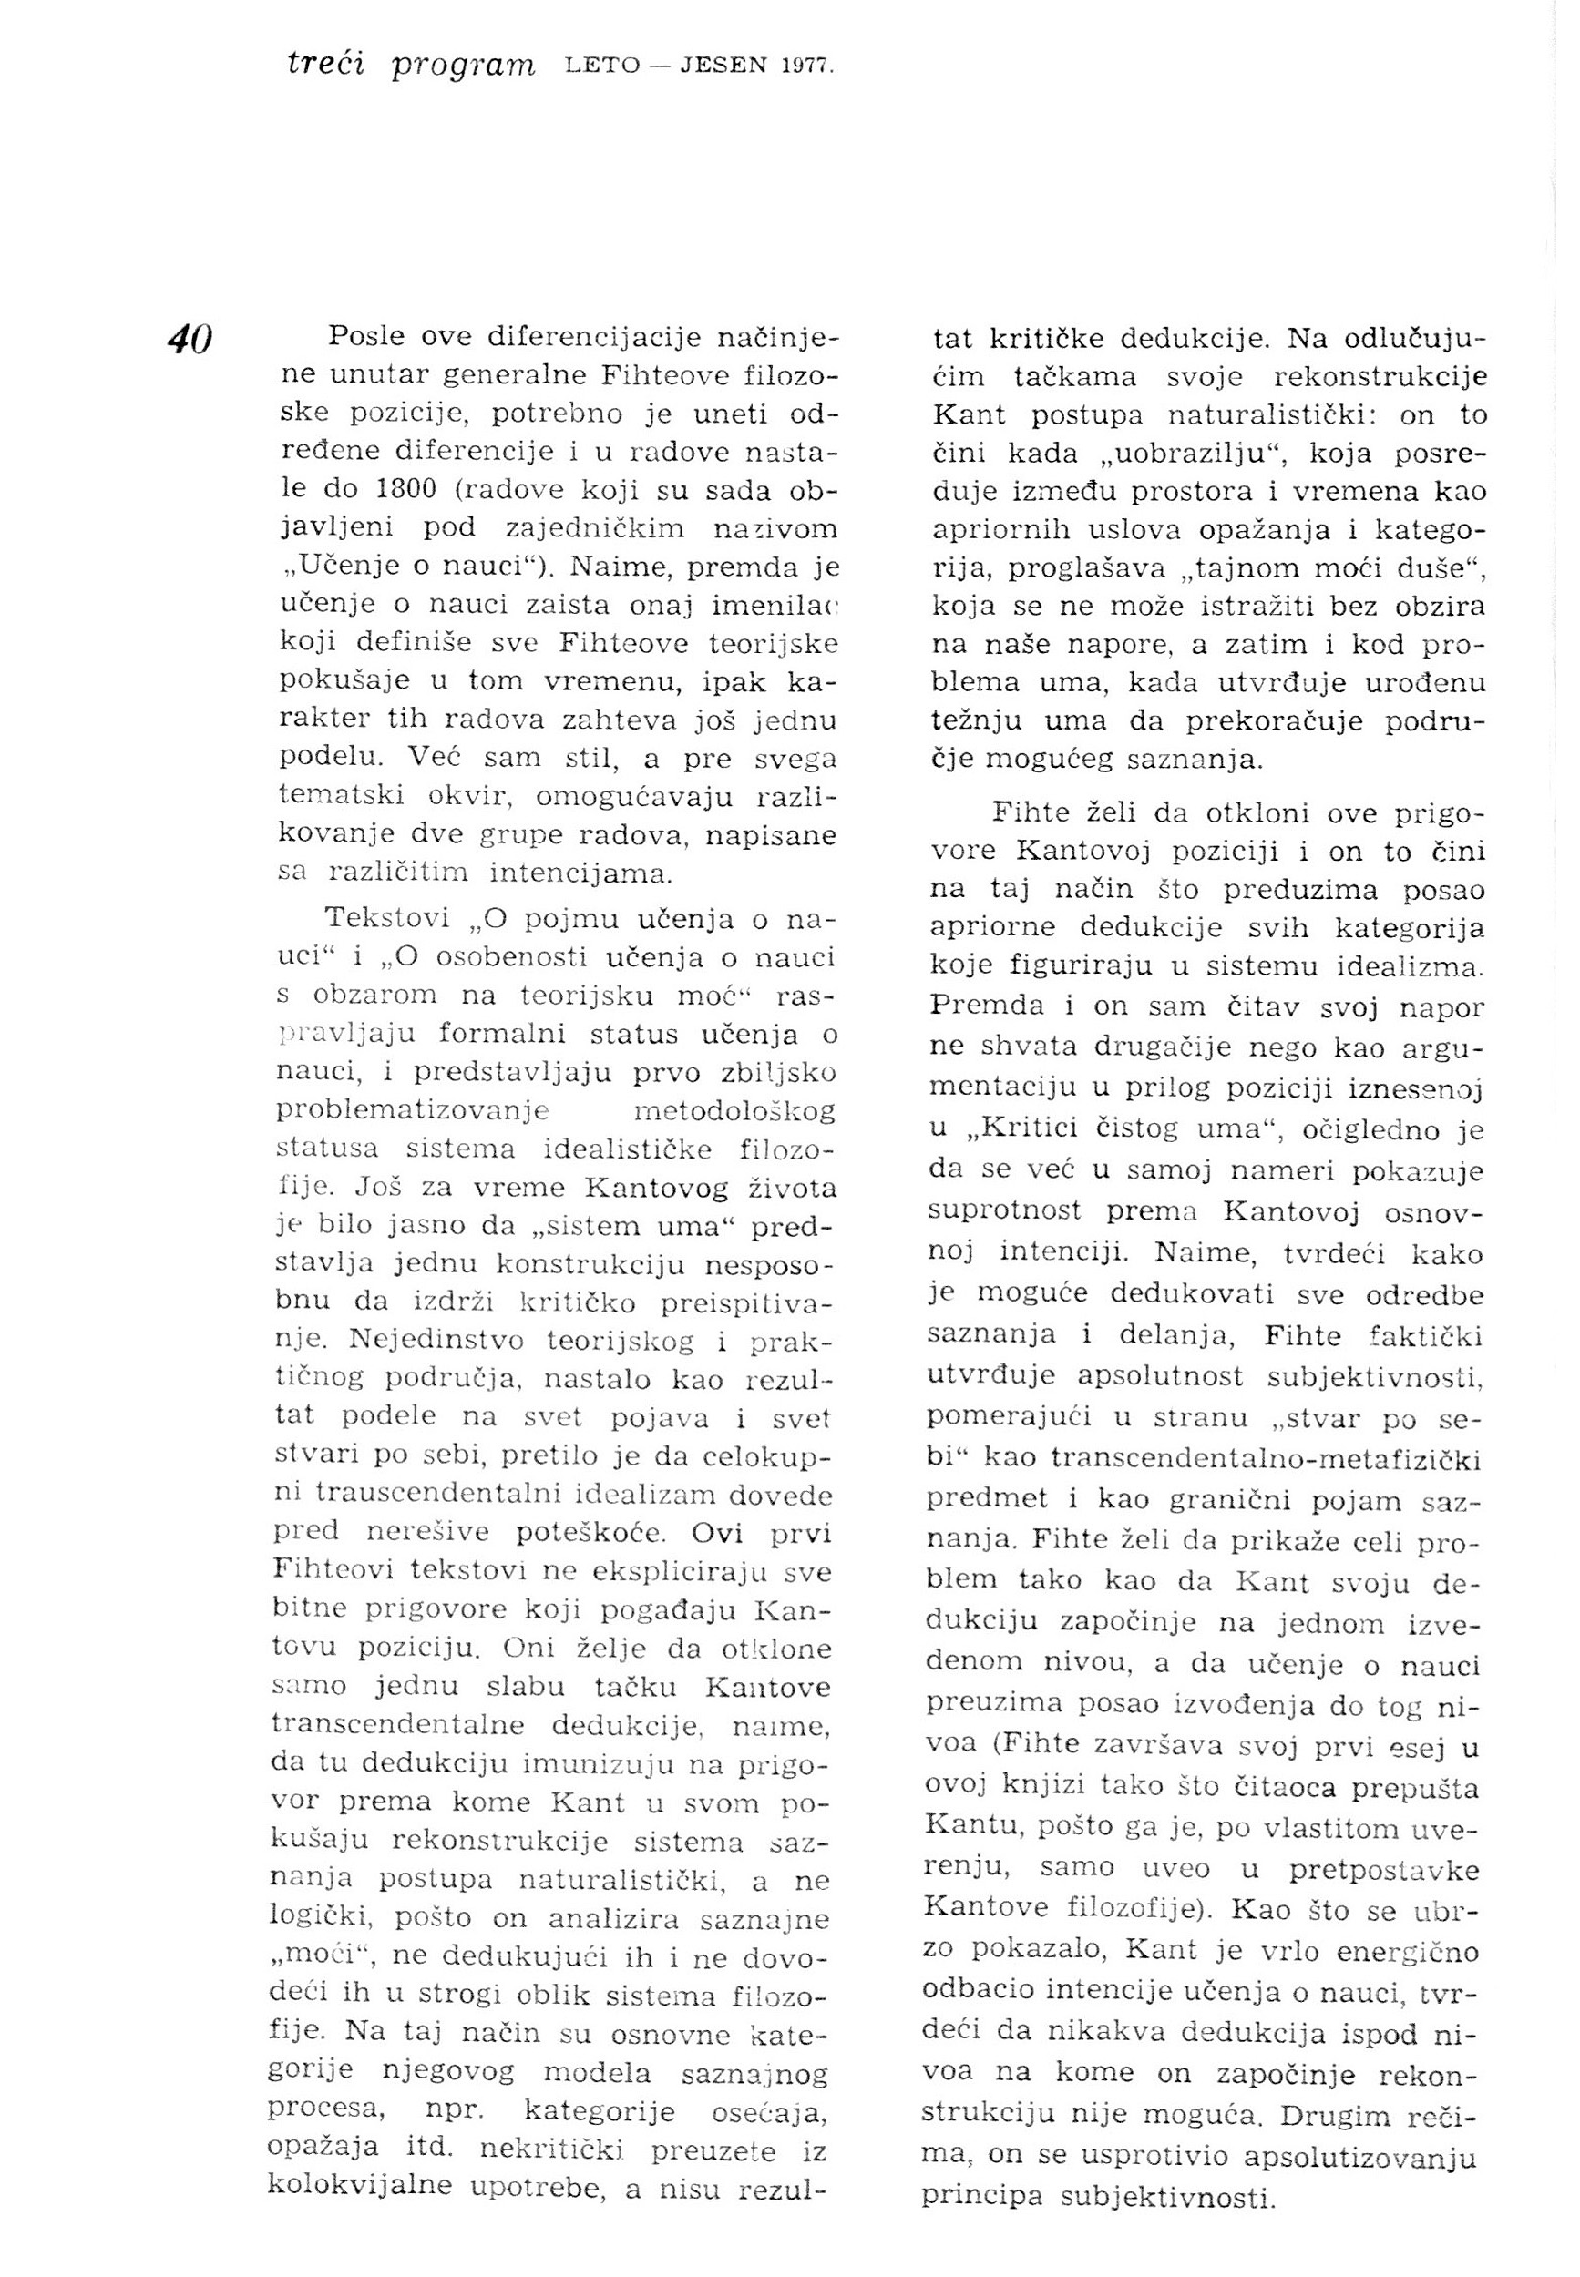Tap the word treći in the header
coord(325,65)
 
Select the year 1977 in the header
coord(809,66)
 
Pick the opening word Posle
coord(365,336)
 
